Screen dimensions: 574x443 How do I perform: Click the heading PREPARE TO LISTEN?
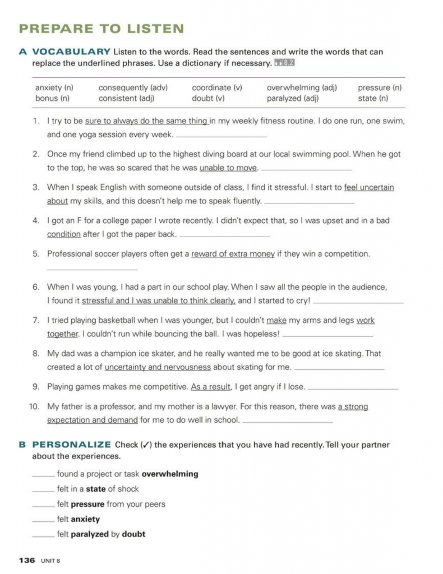coord(101,29)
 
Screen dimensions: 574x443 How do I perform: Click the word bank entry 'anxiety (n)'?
coord(54,88)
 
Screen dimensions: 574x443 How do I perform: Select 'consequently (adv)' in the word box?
coord(133,88)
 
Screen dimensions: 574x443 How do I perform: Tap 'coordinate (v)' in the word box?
coord(217,88)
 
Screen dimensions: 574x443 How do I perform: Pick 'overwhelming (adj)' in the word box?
coord(302,88)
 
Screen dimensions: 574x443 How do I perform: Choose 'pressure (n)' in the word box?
coord(380,88)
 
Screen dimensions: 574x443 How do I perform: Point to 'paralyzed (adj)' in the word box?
coord(293,99)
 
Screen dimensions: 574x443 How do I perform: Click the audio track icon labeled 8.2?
coord(284,63)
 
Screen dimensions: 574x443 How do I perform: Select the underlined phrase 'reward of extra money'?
coord(233,254)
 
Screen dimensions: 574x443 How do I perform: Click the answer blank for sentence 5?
coord(84,269)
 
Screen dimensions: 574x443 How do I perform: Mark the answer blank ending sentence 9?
coord(353,388)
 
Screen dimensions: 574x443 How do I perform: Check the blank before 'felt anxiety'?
coord(43,520)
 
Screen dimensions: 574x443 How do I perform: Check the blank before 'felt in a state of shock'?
coord(43,489)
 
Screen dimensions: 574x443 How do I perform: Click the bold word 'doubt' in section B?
coord(133,534)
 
